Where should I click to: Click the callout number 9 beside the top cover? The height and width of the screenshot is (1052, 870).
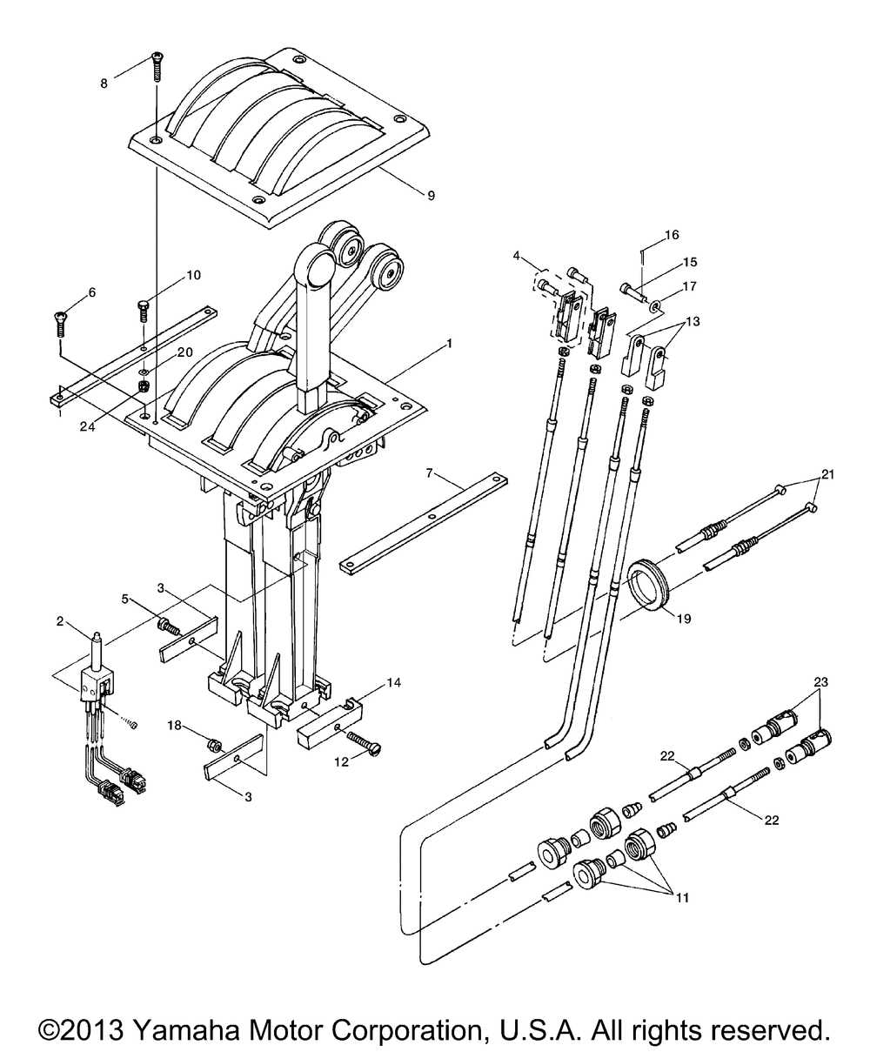click(431, 196)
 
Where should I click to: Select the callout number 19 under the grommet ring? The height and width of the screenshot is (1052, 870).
click(684, 618)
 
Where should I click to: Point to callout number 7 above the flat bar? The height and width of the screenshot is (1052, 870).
click(429, 473)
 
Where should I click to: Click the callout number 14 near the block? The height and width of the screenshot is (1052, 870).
click(393, 682)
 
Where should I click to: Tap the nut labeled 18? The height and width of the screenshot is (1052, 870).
click(212, 743)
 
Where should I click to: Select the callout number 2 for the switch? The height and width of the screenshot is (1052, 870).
click(60, 621)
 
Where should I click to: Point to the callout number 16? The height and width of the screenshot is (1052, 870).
click(672, 235)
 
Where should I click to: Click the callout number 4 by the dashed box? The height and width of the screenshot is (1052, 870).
click(517, 256)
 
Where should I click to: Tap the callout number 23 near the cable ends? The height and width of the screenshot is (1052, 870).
click(820, 681)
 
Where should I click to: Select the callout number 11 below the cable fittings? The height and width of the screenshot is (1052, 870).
click(683, 898)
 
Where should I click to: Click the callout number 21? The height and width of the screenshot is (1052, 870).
click(827, 474)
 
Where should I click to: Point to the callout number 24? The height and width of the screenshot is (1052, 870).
click(87, 426)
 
